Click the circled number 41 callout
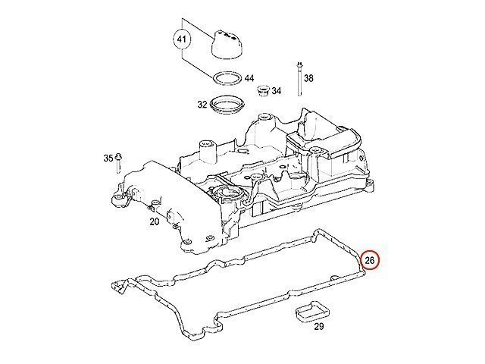click(x=182, y=39)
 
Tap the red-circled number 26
click(x=370, y=260)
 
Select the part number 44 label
click(x=249, y=78)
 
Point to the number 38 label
click(x=308, y=78)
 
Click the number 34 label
click(x=276, y=91)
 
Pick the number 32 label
click(x=202, y=105)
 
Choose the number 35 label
click(x=108, y=158)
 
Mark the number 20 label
click(x=155, y=221)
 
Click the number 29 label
click(x=318, y=326)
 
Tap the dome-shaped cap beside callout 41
click(x=227, y=45)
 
